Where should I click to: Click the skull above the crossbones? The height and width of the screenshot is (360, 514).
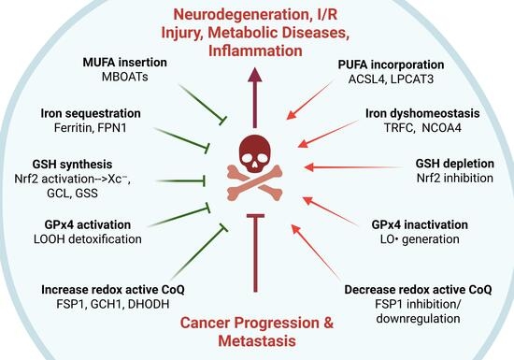pyautogui.click(x=255, y=153)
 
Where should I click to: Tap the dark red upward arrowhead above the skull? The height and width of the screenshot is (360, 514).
pyautogui.click(x=255, y=75)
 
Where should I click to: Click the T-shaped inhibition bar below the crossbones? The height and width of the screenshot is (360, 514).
pyautogui.click(x=255, y=252)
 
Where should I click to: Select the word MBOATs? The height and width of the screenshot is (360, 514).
pyautogui.click(x=125, y=77)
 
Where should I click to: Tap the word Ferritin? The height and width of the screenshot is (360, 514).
pyautogui.click(x=74, y=127)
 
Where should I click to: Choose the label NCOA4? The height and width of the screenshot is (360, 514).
pyautogui.click(x=441, y=127)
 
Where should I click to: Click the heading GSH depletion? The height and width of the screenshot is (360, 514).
pyautogui.click(x=455, y=164)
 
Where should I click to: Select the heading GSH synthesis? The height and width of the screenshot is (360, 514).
pyautogui.click(x=73, y=164)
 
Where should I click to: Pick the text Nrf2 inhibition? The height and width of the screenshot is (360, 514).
pyautogui.click(x=455, y=178)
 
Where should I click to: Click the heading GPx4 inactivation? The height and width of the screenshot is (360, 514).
pyautogui.click(x=420, y=224)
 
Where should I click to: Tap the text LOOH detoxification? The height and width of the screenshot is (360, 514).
pyautogui.click(x=88, y=239)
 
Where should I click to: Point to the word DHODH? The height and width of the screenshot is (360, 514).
pyautogui.click(x=149, y=304)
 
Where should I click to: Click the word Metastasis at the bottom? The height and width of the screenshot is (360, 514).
pyautogui.click(x=257, y=340)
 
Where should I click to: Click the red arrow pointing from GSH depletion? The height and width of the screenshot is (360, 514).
pyautogui.click(x=354, y=167)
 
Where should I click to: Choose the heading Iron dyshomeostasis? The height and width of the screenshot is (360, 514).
pyautogui.click(x=422, y=113)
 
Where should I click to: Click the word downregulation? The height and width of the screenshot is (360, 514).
pyautogui.click(x=418, y=318)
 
